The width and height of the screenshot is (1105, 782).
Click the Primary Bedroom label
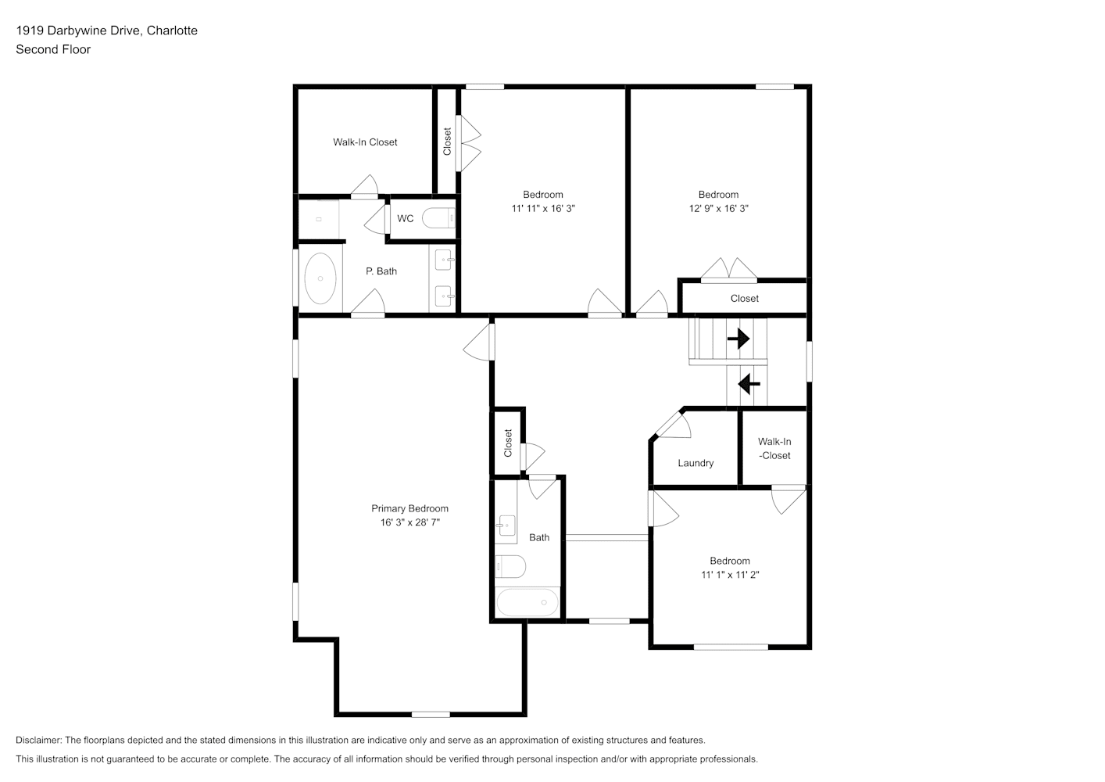coord(409,508)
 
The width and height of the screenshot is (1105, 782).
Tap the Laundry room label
coord(696,463)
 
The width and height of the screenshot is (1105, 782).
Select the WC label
coord(405,219)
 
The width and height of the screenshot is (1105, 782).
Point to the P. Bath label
coord(381,271)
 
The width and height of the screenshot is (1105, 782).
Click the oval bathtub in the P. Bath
coord(320,278)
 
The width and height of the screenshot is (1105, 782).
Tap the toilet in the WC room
coord(438,218)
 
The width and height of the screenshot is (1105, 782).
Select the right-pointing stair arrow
coord(738,339)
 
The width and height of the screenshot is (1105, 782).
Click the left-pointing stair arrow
coord(749,384)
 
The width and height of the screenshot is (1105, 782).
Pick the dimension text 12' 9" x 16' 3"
coord(718,208)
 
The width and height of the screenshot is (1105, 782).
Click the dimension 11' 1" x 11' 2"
coord(730,575)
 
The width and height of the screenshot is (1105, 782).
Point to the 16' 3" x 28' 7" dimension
coord(409,522)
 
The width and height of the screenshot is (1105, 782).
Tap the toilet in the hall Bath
coord(510,566)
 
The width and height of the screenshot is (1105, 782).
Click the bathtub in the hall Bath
coord(527,602)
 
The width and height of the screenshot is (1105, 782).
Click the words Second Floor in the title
coord(53,49)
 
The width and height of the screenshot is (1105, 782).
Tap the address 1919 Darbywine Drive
coord(79,30)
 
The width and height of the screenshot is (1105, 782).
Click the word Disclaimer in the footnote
coord(38,740)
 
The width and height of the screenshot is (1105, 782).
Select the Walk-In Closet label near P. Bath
coord(364,142)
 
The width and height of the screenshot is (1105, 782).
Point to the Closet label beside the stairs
coord(745,298)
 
